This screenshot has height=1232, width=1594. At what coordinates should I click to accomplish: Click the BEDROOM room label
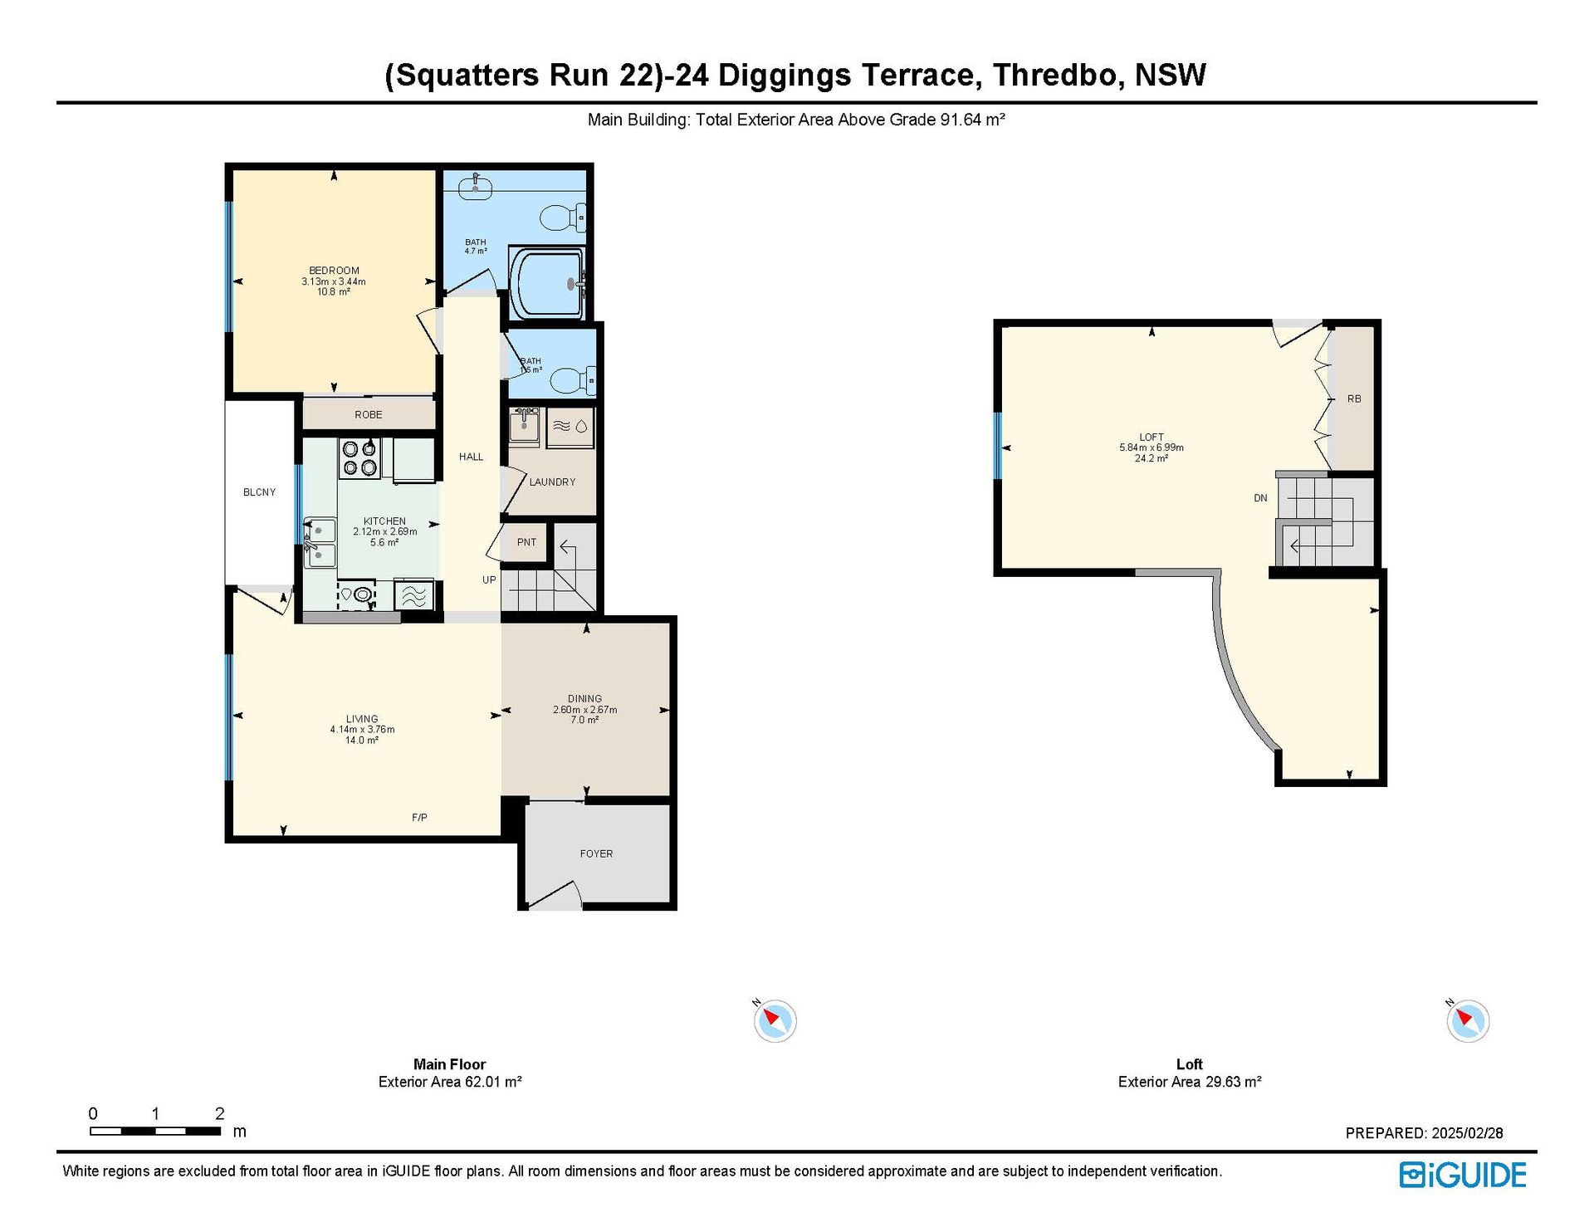(x=334, y=271)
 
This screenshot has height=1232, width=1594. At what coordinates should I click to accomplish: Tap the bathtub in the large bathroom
(x=547, y=283)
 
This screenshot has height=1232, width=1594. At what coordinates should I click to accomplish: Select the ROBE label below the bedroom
(x=369, y=415)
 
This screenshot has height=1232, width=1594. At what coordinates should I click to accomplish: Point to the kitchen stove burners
(x=359, y=459)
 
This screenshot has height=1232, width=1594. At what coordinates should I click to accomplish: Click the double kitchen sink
(x=320, y=542)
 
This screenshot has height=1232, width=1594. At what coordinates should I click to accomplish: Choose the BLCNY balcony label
(x=259, y=492)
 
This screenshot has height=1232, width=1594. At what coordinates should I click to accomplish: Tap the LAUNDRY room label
(x=552, y=482)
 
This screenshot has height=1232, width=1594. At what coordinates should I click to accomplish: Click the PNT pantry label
(x=526, y=542)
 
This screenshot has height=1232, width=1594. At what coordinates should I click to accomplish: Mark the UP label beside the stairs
(x=489, y=580)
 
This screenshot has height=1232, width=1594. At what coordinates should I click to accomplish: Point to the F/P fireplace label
(x=419, y=818)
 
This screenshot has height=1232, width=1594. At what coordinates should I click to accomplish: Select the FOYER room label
(x=596, y=853)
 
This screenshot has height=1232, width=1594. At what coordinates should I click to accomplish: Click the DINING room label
(x=585, y=699)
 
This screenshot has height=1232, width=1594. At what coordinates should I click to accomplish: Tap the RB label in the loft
(x=1354, y=399)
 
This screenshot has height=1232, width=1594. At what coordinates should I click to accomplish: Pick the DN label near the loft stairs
(x=1260, y=498)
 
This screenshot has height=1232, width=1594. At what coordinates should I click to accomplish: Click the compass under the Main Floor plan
(x=775, y=1020)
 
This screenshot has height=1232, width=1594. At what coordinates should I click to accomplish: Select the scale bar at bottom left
(x=155, y=1131)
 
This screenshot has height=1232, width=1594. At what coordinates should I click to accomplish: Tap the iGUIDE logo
(x=1463, y=1175)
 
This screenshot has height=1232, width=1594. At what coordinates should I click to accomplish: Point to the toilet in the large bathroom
(x=563, y=218)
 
